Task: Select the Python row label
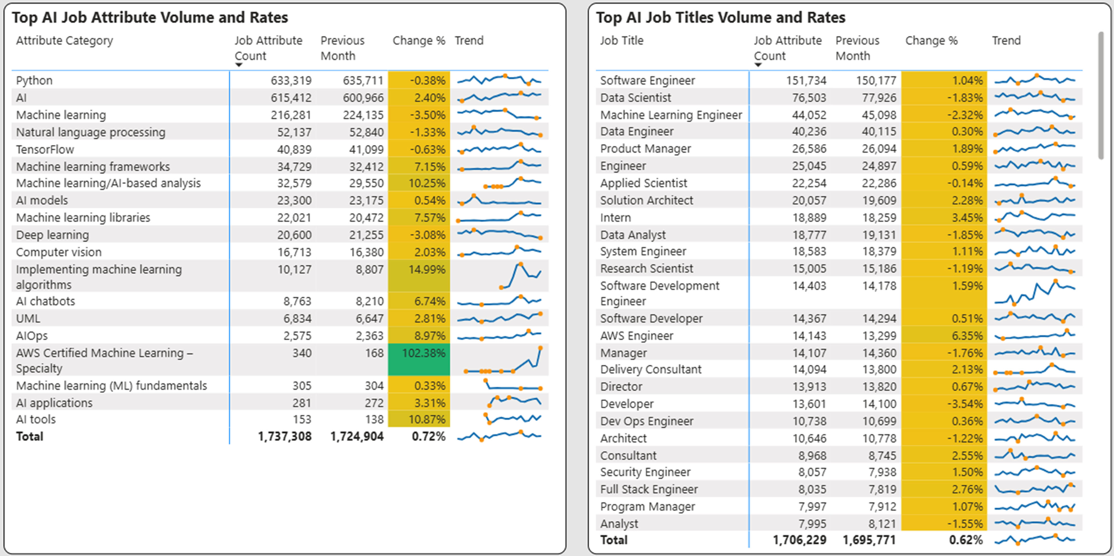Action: (x=34, y=81)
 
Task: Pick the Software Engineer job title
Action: (x=647, y=81)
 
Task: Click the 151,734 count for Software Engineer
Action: (x=806, y=81)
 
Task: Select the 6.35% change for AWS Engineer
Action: (x=967, y=336)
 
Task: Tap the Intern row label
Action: (x=615, y=218)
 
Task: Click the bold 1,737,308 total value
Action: (x=285, y=436)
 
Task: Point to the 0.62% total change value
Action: (x=965, y=540)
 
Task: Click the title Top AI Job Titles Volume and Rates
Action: (x=720, y=18)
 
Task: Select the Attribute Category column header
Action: (x=64, y=41)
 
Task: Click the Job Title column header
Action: (x=621, y=41)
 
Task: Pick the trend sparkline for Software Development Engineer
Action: (x=1034, y=293)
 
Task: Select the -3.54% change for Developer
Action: (x=967, y=404)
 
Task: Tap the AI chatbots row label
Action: (x=45, y=301)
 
